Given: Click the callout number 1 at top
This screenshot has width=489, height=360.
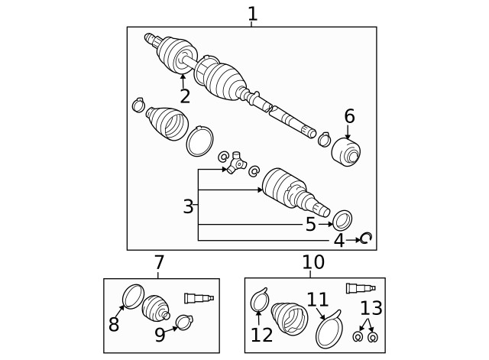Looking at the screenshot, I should (252, 13).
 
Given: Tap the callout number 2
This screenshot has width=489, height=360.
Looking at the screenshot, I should (184, 96).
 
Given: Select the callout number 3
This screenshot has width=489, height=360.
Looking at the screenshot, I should (188, 206).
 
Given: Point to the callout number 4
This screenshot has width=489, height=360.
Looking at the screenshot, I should (339, 241).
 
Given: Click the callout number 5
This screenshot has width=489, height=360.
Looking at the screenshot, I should (310, 224).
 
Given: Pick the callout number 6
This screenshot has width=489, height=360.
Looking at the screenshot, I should (349, 116).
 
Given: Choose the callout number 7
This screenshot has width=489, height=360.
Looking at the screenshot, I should (159, 263).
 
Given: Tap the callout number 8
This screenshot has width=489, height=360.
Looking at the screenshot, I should (114, 325).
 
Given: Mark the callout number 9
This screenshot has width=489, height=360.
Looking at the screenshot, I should (160, 334).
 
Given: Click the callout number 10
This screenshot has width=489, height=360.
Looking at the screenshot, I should (313, 263).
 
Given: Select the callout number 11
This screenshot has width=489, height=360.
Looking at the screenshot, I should (317, 300).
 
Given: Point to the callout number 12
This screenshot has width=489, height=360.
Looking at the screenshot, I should (261, 335).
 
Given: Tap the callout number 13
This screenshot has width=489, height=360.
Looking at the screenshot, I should (371, 309).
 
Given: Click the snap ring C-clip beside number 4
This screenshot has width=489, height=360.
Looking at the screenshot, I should (365, 239).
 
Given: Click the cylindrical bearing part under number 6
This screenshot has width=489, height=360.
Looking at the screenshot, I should (348, 151).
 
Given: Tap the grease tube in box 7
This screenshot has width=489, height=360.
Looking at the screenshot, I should (199, 298).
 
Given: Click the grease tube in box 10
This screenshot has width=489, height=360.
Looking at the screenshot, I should (361, 288).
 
